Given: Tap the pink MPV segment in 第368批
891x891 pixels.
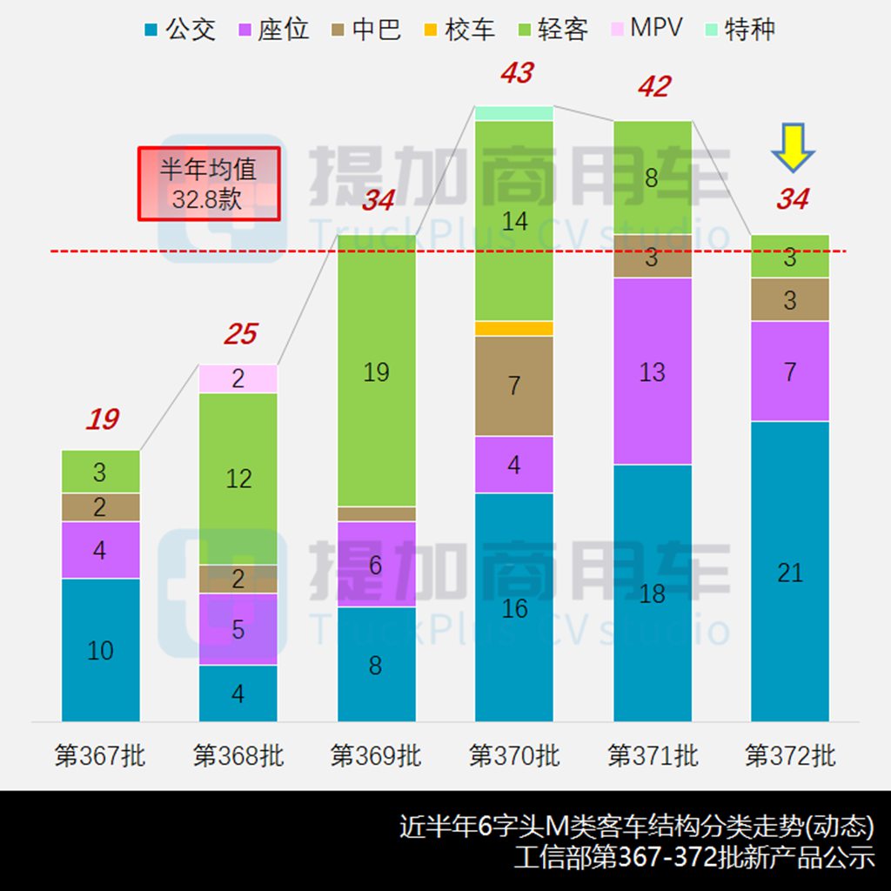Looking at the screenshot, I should click(x=238, y=379).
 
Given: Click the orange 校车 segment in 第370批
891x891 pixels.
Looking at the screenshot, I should click(x=514, y=328).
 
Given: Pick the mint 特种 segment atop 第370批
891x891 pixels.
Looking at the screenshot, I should click(x=514, y=113).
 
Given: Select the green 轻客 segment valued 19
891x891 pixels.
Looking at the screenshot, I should click(x=376, y=371).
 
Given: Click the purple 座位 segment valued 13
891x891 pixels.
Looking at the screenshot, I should click(x=653, y=372).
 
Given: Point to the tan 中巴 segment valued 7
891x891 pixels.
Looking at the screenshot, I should click(x=514, y=385).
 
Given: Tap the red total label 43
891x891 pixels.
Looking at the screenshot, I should click(x=516, y=74).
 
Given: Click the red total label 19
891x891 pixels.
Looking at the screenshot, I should click(x=102, y=419).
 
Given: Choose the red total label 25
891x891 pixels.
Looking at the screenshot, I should click(x=240, y=334).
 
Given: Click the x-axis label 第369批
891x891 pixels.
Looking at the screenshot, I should click(x=376, y=754).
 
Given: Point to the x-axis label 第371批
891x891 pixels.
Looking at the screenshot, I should click(x=653, y=754).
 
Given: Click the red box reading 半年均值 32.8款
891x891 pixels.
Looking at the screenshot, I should click(x=209, y=183).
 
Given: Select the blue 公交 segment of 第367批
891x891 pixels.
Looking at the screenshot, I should click(x=101, y=649).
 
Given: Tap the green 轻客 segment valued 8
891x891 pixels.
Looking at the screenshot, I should click(x=653, y=178).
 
